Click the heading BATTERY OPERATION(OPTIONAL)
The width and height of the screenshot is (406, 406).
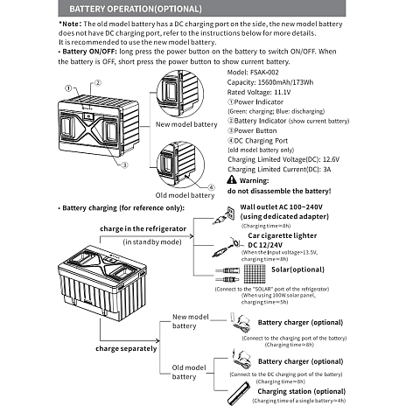click(136, 9)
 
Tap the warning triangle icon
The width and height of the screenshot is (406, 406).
click(232, 179)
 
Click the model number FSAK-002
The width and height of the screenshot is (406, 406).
click(264, 73)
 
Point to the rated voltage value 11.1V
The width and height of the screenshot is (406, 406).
click(283, 92)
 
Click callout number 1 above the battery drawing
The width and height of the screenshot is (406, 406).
click(68, 88)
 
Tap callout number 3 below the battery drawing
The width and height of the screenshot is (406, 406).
click(124, 165)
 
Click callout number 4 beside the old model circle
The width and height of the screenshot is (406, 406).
click(211, 187)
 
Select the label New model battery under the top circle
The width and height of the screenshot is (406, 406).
click(186, 124)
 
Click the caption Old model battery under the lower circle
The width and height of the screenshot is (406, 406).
click(185, 195)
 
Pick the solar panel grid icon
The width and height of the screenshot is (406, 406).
click(255, 274)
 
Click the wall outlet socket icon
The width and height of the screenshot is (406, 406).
click(231, 213)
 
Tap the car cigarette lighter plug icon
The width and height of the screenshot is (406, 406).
click(226, 248)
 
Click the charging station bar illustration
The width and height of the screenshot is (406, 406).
click(239, 393)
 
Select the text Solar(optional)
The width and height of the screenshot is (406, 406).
click(297, 269)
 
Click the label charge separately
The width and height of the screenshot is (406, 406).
click(126, 348)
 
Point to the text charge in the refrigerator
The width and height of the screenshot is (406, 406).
click(143, 228)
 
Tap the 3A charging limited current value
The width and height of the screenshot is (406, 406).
click(327, 170)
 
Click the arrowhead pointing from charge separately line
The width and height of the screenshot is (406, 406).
click(157, 340)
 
